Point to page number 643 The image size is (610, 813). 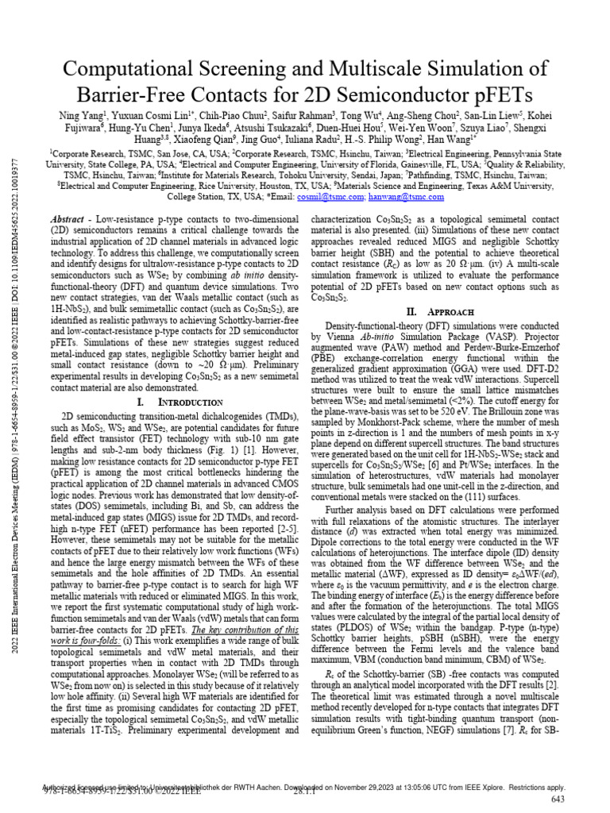point(557,799)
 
